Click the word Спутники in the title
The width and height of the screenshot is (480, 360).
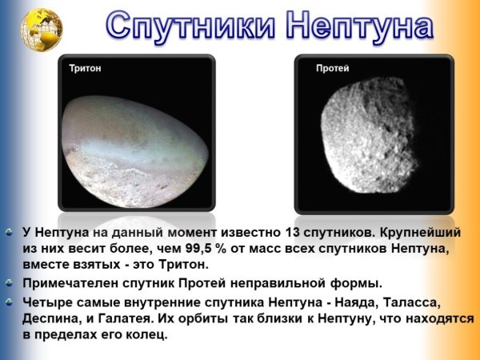tap(192, 27)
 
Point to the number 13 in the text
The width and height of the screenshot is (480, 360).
tap(293, 233)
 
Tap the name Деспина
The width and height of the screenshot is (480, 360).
tap(49, 319)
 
